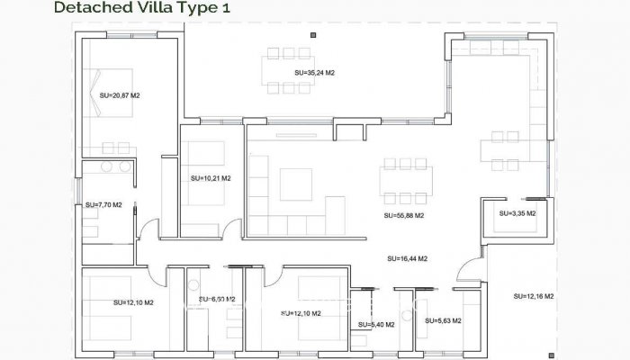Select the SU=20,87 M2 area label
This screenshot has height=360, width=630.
point(120,94)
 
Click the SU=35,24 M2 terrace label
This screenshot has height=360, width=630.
point(314,72)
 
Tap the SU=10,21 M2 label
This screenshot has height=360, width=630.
point(211,178)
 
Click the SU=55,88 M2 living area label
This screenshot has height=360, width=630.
point(403,216)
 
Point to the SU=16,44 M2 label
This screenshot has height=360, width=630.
point(407,258)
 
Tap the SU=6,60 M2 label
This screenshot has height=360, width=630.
point(217,299)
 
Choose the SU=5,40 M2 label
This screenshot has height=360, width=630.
point(377,324)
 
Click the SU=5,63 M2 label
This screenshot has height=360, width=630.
point(443,320)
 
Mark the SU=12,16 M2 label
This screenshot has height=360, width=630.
point(534,296)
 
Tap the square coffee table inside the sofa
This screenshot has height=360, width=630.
point(294,184)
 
